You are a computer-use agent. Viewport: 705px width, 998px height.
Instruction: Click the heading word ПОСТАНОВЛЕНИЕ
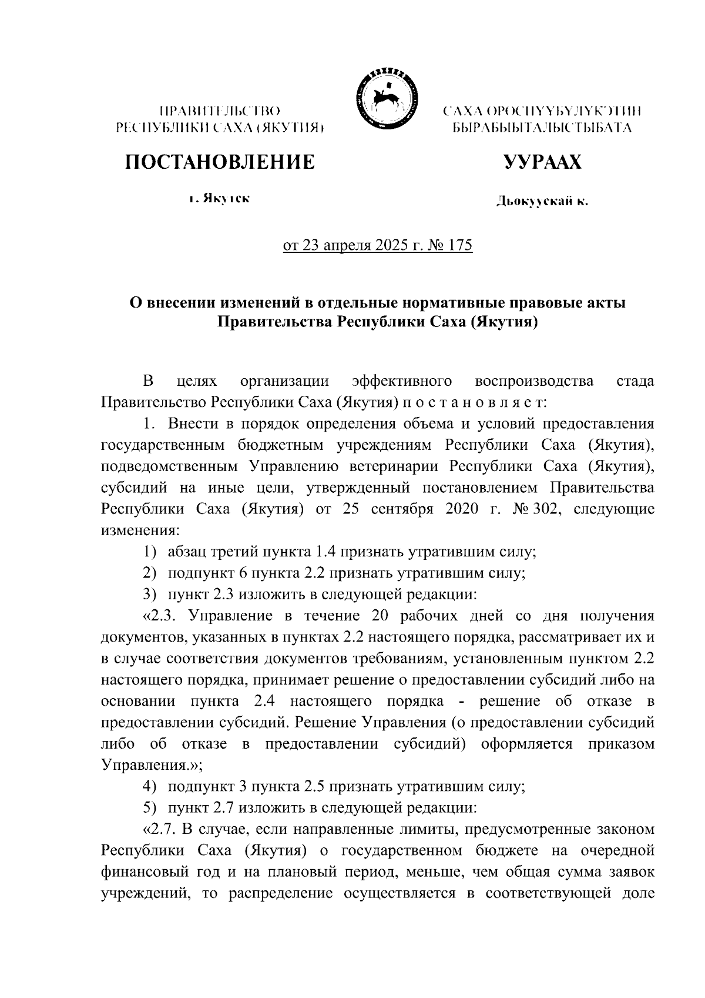point(219,162)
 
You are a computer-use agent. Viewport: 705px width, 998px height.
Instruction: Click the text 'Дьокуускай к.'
point(542,202)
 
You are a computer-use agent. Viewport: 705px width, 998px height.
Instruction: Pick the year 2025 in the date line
point(390,245)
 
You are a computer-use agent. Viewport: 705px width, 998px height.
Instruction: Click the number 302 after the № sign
point(549,508)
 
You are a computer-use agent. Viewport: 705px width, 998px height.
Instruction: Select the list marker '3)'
point(151,594)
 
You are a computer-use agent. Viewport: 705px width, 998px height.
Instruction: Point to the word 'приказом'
point(621,743)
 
